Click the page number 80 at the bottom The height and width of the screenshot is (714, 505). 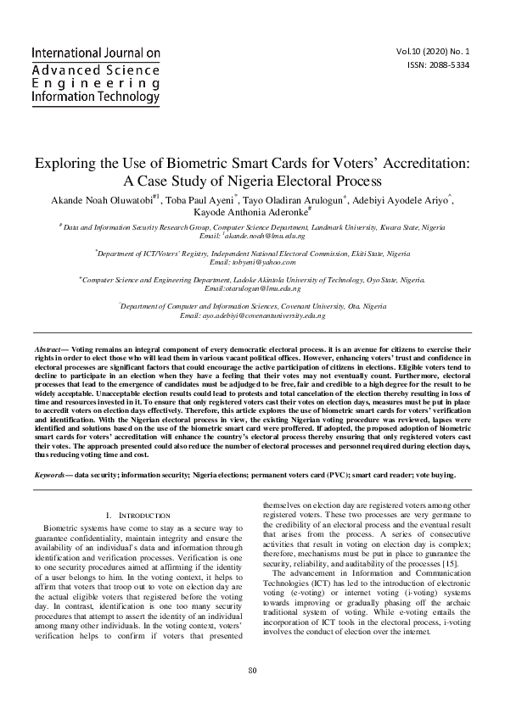[x=252, y=694]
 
